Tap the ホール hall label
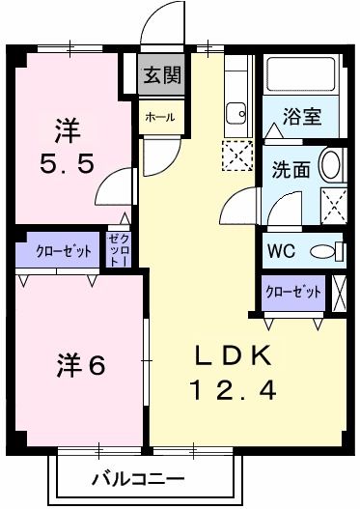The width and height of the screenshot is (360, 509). (x=160, y=117)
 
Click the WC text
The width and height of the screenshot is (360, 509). (x=282, y=250)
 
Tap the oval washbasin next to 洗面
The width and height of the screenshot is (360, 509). (x=330, y=165)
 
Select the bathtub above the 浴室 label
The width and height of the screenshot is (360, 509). (x=303, y=76)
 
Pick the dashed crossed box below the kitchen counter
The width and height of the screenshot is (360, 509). (x=235, y=154)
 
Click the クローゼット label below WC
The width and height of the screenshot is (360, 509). (x=292, y=290)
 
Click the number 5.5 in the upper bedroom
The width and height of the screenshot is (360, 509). (x=67, y=164)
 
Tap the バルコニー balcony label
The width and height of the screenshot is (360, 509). (x=140, y=478)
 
